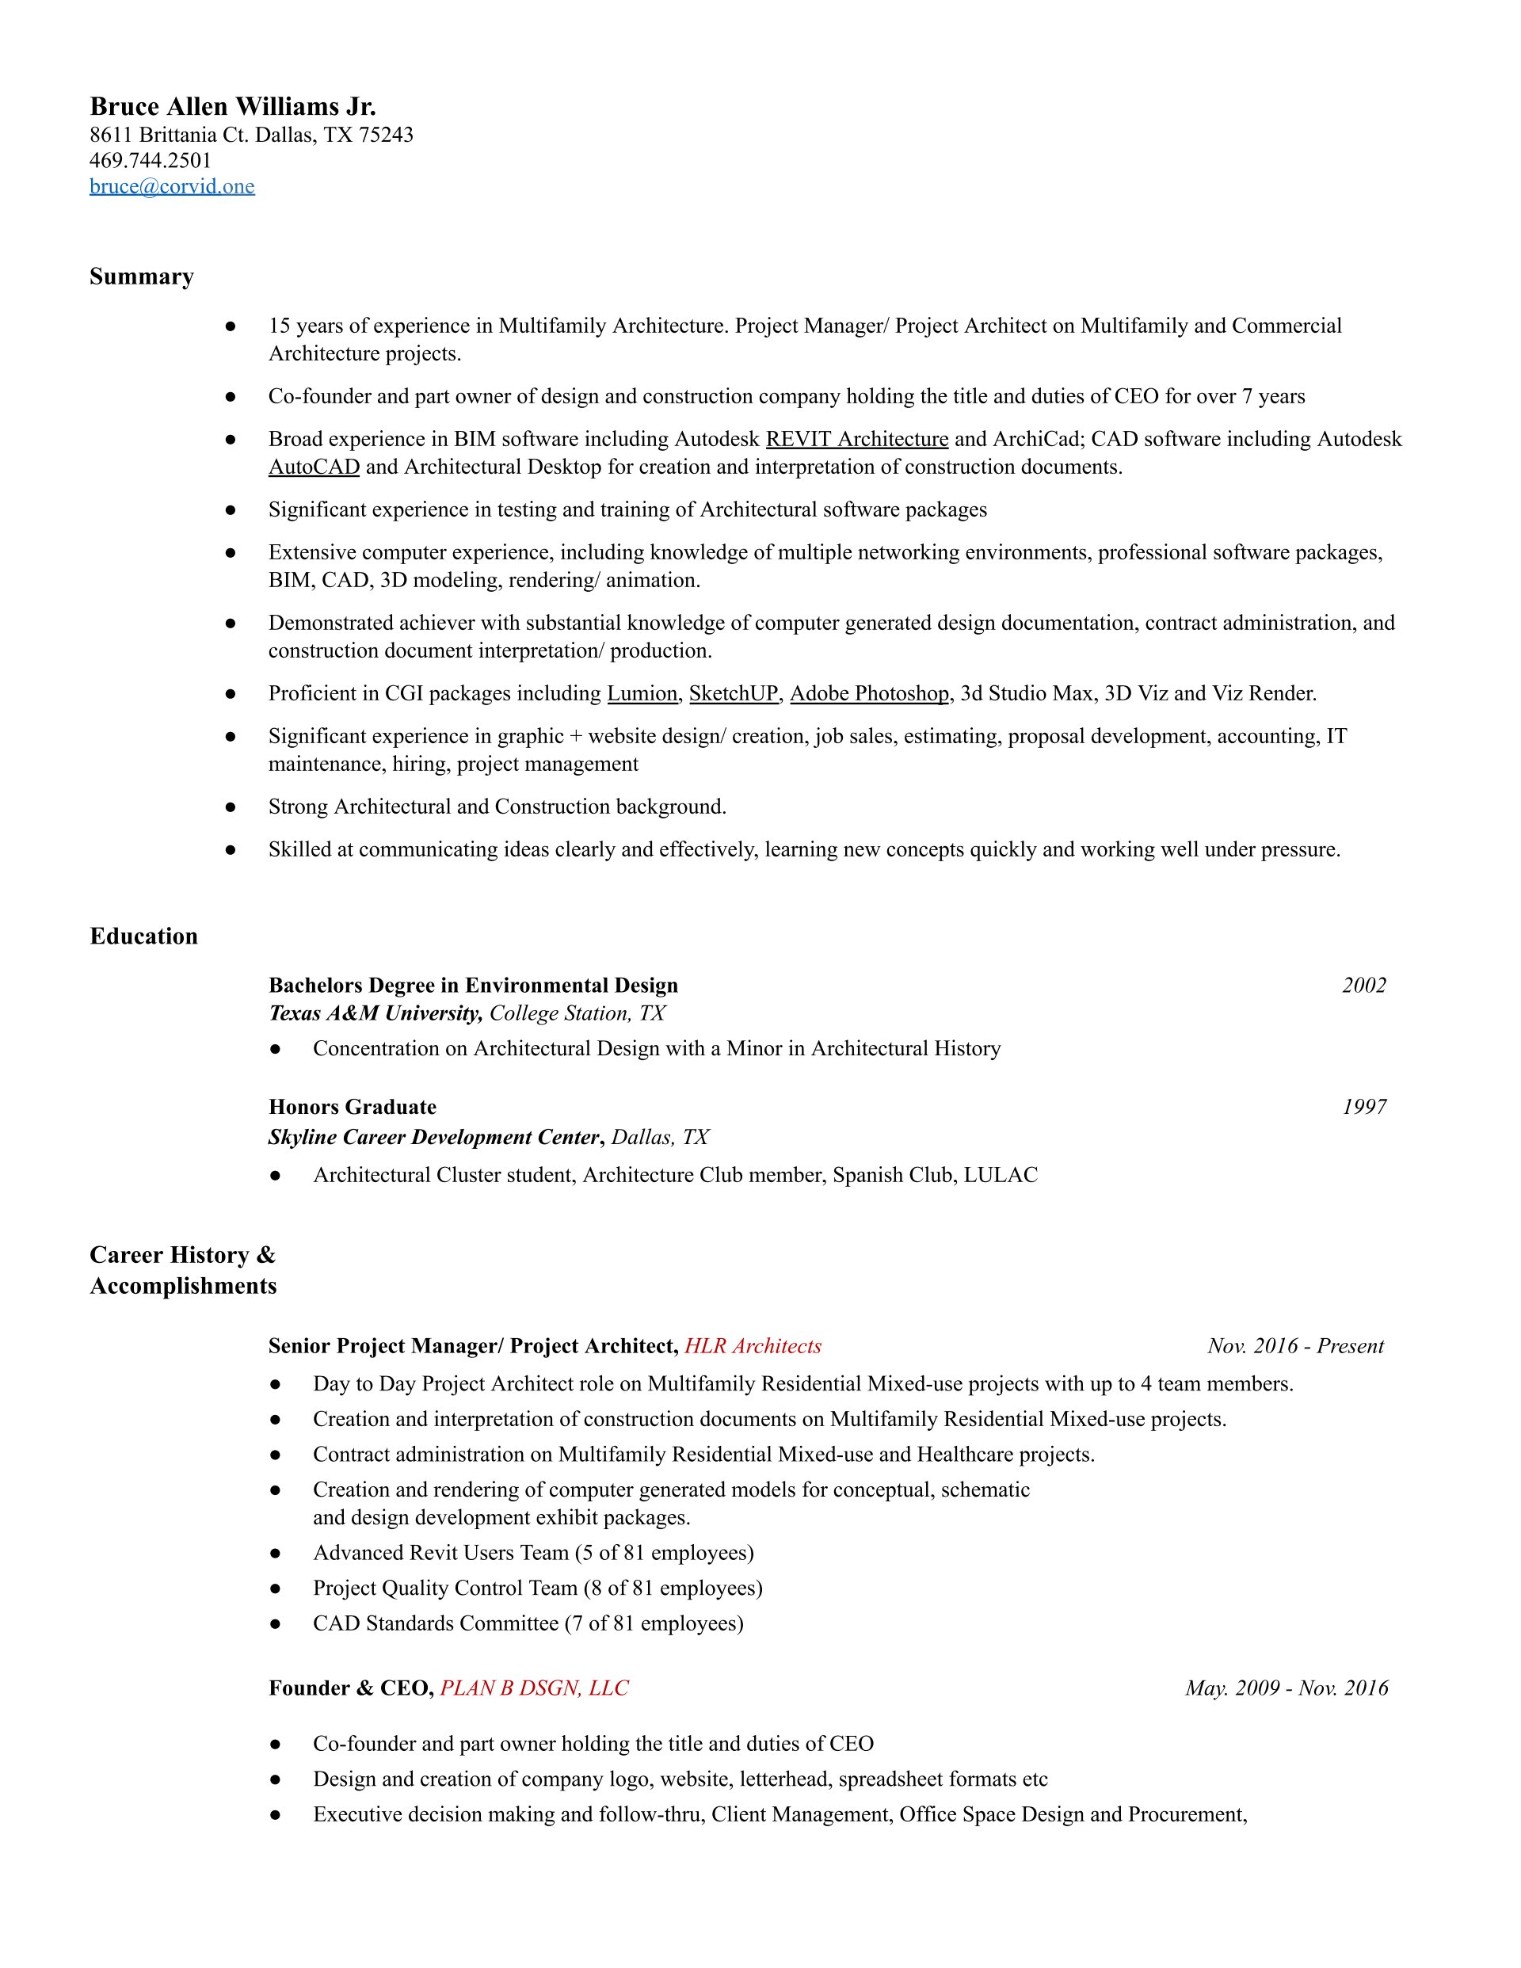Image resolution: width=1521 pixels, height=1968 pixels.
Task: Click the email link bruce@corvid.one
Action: point(171,186)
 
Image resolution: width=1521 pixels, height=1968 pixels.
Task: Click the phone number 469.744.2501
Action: point(151,160)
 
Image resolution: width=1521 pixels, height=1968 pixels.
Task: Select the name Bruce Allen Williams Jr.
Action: point(232,107)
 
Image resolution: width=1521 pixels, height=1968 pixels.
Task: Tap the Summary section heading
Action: point(142,277)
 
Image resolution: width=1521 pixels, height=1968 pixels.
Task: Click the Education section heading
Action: point(143,936)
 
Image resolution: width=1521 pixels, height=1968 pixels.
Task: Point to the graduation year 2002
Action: point(1363,985)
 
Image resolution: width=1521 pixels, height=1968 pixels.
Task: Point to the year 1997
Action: point(1363,1107)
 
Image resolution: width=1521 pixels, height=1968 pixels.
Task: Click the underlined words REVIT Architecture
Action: point(856,439)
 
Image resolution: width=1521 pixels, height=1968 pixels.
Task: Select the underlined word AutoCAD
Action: point(314,467)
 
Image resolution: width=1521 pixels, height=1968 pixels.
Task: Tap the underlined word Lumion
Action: point(642,693)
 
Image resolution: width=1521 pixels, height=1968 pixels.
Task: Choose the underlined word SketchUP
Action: point(734,693)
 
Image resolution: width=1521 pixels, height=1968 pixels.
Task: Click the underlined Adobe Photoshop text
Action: point(870,693)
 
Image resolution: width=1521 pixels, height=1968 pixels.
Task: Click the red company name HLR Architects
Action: point(753,1346)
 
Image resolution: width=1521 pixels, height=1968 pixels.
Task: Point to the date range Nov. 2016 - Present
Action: point(1295,1346)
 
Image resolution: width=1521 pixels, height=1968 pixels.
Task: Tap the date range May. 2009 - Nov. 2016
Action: point(1286,1688)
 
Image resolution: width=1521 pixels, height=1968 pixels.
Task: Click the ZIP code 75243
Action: point(386,135)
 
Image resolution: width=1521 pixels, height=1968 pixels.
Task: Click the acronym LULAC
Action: point(1001,1175)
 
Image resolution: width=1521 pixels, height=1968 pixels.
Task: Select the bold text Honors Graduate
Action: point(353,1107)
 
